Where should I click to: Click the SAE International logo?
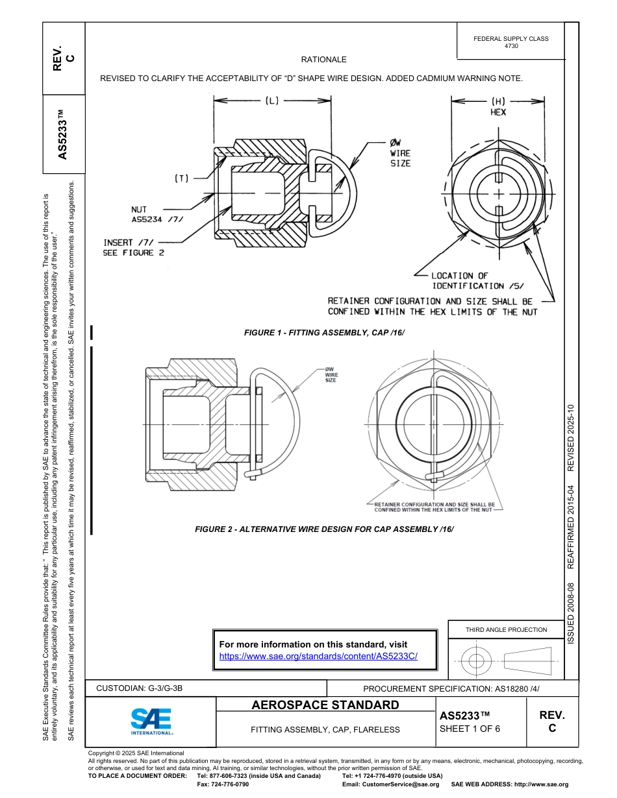click(x=151, y=721)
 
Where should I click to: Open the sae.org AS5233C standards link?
click(x=318, y=656)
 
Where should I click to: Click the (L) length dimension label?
click(x=271, y=101)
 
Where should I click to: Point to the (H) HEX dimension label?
click(x=498, y=106)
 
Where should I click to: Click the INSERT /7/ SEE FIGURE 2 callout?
click(x=129, y=248)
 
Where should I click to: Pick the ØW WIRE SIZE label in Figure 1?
click(x=400, y=154)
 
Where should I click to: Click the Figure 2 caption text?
click(x=324, y=529)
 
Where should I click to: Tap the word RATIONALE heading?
click(x=324, y=60)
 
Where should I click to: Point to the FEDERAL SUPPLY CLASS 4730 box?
click(x=510, y=42)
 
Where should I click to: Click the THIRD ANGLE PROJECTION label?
click(x=506, y=629)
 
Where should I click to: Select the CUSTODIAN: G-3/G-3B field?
click(x=144, y=688)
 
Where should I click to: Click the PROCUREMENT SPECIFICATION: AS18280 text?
click(x=451, y=688)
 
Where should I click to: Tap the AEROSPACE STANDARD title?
click(x=325, y=705)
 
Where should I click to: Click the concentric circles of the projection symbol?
click(x=477, y=661)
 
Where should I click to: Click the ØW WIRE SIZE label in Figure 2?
click(x=331, y=374)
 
